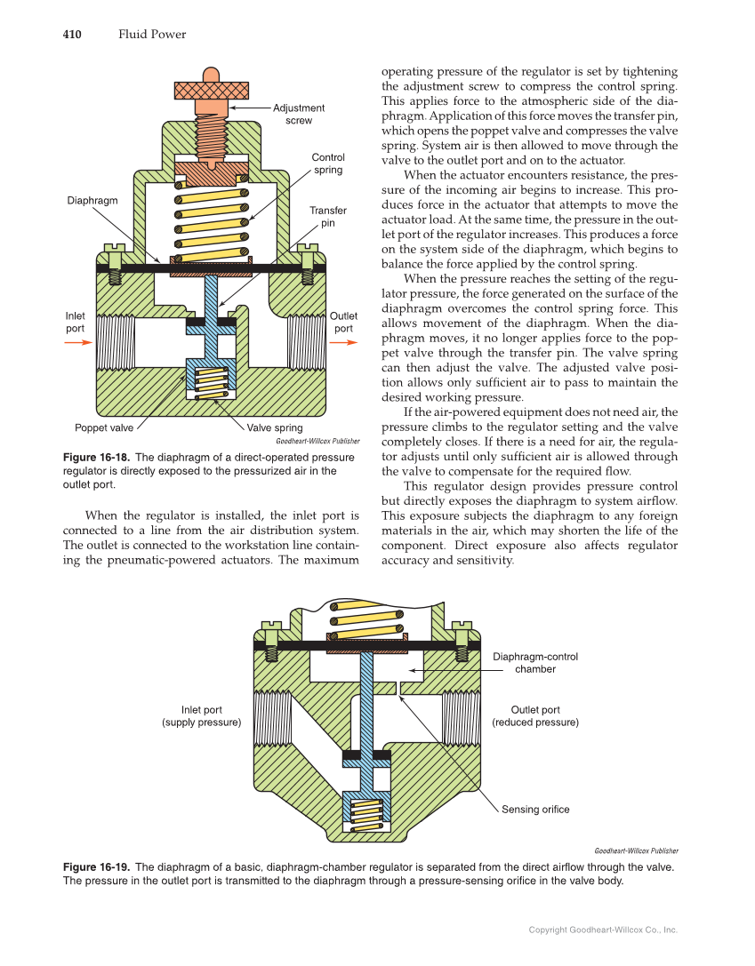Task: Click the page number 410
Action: click(x=72, y=35)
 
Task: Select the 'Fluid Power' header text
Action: click(x=152, y=35)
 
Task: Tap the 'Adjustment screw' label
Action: click(x=298, y=114)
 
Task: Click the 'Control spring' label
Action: click(x=327, y=164)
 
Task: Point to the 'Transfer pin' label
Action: click(x=327, y=216)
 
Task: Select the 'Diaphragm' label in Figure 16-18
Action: click(x=92, y=201)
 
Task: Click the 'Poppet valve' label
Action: click(x=104, y=428)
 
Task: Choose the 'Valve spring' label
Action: click(x=275, y=428)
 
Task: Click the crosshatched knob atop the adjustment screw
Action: click(x=211, y=90)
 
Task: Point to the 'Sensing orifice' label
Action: click(x=535, y=809)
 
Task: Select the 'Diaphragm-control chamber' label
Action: click(x=535, y=663)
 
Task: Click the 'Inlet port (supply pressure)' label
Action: click(x=202, y=716)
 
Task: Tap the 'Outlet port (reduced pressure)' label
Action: click(x=535, y=716)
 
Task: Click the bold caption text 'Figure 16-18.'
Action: click(x=96, y=458)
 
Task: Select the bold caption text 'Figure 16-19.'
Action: click(x=96, y=866)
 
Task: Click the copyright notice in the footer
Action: click(x=603, y=930)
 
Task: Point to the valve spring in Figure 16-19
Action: click(x=365, y=815)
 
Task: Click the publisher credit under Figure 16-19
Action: click(x=635, y=850)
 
